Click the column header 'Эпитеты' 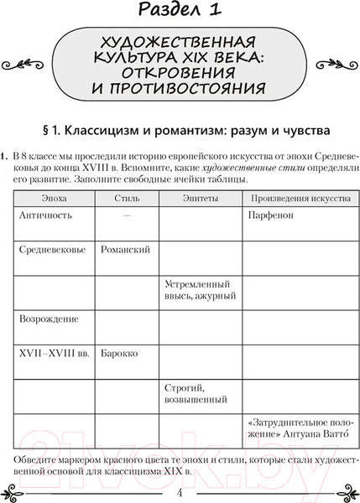coord(200,198)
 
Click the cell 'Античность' coord(45,215)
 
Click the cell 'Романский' coord(125,250)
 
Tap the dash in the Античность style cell coord(126,215)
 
